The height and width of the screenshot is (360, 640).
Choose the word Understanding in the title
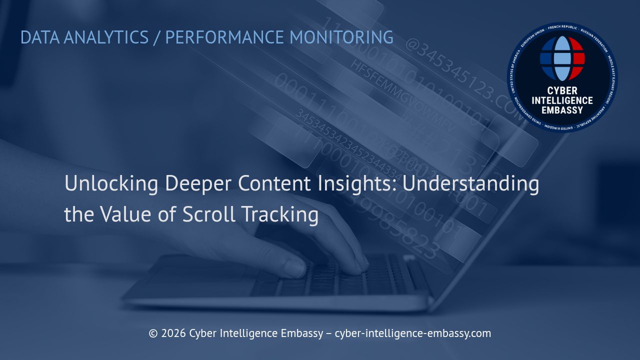point(470,184)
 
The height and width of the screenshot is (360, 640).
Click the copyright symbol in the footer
point(153,333)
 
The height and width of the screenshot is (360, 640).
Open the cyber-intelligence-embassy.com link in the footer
point(412,333)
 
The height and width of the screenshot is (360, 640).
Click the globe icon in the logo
point(562,58)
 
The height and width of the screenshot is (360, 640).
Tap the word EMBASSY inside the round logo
point(562,109)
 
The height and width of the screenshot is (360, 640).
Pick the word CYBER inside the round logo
point(562,90)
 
